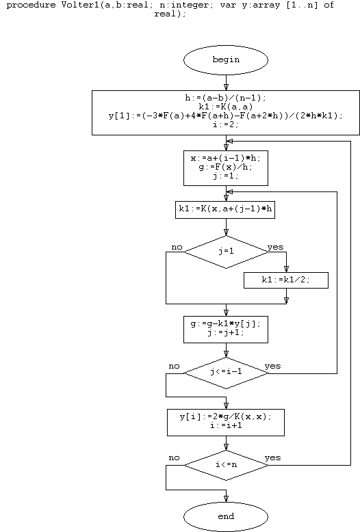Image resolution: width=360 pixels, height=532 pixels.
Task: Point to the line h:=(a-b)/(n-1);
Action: click(226, 98)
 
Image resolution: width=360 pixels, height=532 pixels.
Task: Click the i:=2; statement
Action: click(226, 124)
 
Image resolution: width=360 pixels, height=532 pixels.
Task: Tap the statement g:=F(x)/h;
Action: click(226, 168)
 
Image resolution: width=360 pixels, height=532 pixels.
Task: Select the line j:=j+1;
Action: click(226, 332)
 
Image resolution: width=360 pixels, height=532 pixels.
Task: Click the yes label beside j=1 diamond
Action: click(275, 248)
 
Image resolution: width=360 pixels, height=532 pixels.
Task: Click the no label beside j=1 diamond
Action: click(177, 248)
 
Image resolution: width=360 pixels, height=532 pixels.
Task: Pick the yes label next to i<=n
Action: click(272, 458)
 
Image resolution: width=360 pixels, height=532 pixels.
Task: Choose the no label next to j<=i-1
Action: click(174, 367)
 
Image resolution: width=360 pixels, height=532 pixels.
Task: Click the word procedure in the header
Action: click(31, 5)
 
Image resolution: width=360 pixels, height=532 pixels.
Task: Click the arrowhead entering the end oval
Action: click(226, 498)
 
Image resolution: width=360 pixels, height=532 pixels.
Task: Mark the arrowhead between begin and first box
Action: click(226, 87)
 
